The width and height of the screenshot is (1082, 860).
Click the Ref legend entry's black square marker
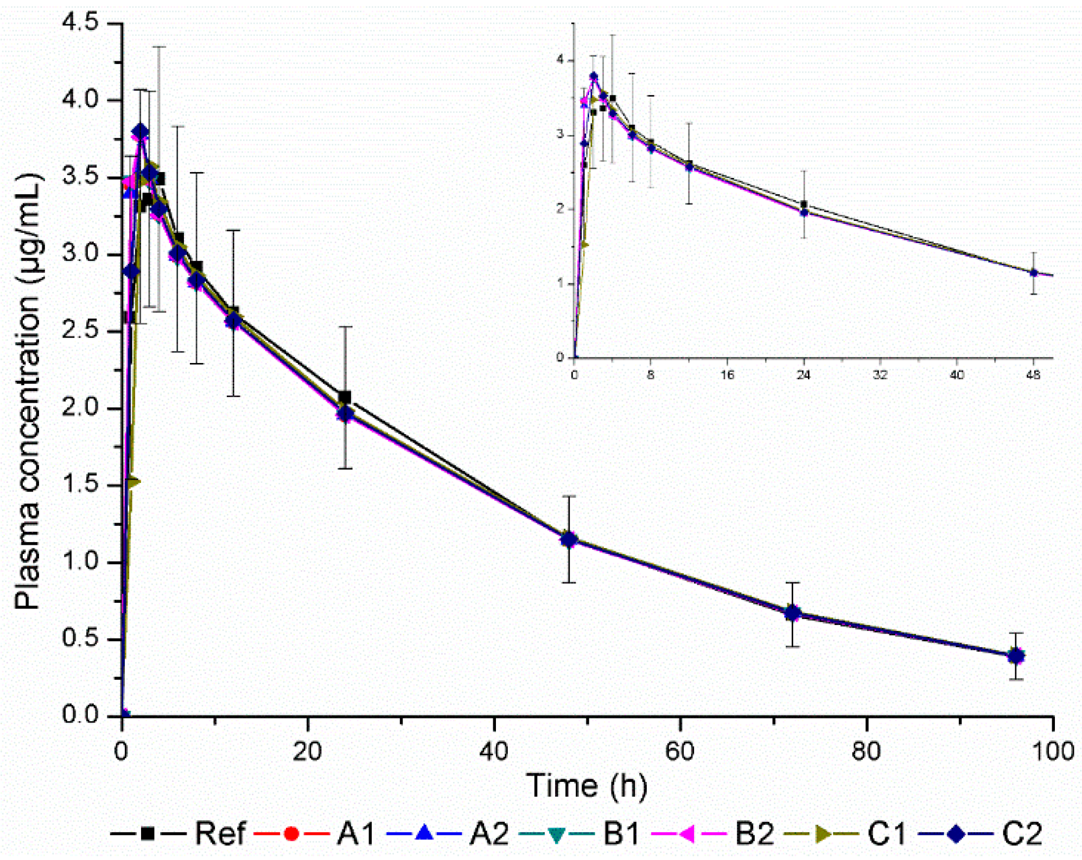pos(147,833)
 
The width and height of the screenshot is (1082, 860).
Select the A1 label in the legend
pos(355,833)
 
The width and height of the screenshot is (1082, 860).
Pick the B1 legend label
pos(621,833)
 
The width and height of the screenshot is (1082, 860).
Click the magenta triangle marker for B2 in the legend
pos(688,833)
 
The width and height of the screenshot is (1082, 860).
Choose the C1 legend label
pos(886,833)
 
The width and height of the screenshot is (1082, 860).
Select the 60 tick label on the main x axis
pos(680,752)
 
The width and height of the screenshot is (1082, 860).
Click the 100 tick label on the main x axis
pos(1052,752)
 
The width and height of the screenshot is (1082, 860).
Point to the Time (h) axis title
pos(587,786)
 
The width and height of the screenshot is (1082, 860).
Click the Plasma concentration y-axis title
pos(27,391)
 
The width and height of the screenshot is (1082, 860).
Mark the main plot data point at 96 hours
pos(1016,656)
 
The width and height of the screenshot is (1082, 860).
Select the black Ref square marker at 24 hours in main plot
pos(345,398)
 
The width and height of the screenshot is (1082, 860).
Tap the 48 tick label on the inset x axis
pos(1033,375)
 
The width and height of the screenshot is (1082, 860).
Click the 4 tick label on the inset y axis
pos(561,60)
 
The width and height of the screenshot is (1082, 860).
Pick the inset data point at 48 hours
pos(1034,273)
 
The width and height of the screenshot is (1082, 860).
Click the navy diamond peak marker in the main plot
pos(141,132)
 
